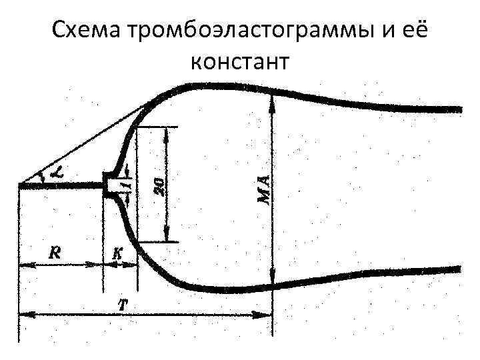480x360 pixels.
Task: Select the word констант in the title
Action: [x=239, y=61]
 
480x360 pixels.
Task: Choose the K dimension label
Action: [x=117, y=253]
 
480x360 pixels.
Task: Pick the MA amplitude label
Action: [x=263, y=189]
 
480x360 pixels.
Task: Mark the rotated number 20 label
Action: [x=159, y=184]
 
